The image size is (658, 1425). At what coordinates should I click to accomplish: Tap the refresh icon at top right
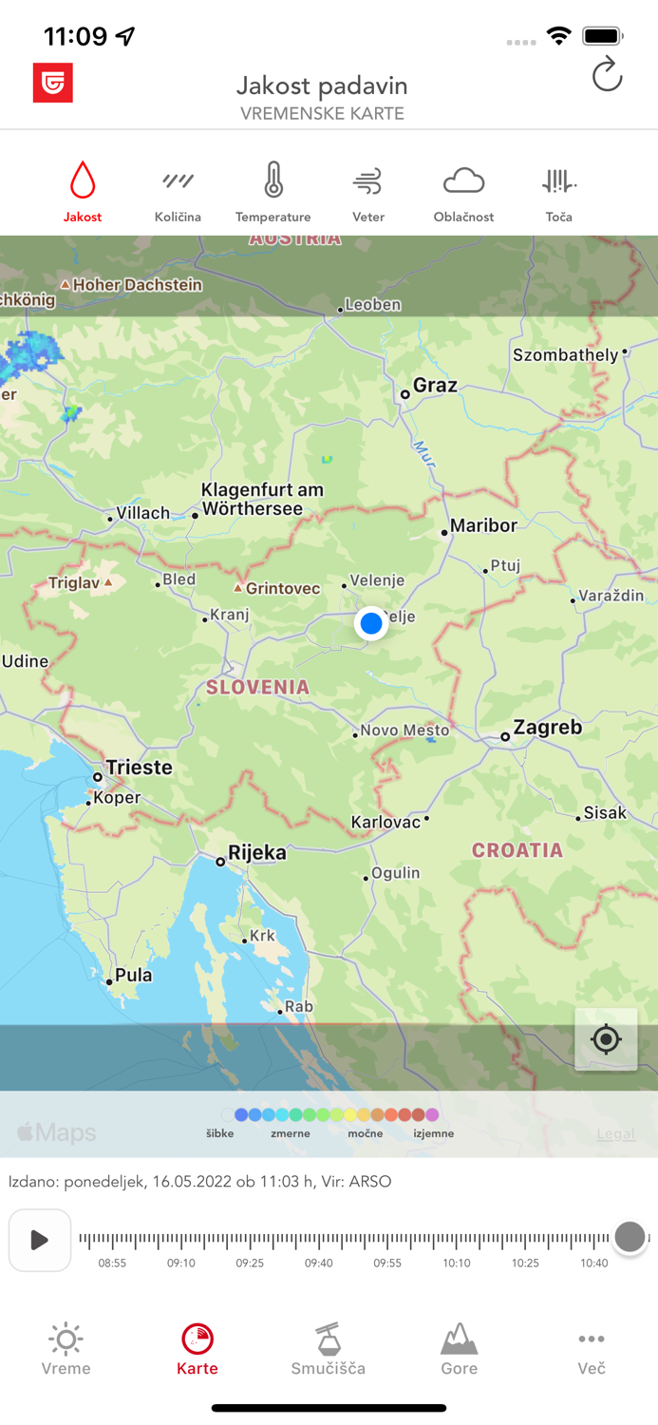[607, 75]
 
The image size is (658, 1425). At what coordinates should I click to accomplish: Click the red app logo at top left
[53, 84]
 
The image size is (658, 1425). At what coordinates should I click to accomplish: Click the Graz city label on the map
[435, 386]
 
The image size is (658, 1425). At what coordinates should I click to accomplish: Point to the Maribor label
[483, 525]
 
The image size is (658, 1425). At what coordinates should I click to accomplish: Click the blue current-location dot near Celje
[371, 623]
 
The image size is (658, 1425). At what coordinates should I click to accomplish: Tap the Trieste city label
[140, 768]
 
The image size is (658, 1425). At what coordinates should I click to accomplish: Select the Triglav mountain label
[73, 582]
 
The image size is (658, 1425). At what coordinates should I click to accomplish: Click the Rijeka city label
[256, 853]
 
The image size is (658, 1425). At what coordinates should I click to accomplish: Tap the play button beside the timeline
[40, 1240]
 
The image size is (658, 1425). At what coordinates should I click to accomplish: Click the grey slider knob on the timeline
[630, 1237]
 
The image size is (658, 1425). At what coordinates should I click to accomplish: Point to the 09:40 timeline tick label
[319, 1263]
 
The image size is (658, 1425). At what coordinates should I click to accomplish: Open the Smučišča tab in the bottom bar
[329, 1349]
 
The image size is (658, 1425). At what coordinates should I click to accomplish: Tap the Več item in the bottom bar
[591, 1349]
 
